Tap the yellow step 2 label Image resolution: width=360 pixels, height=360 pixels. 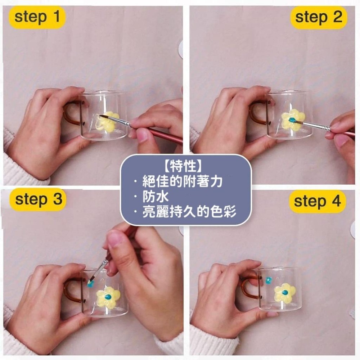319,17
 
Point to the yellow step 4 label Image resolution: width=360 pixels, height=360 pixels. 317,202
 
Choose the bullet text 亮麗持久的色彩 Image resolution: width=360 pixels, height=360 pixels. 189,212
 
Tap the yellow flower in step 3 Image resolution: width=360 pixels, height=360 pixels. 108,298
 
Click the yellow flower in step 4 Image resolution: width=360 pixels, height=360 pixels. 285,293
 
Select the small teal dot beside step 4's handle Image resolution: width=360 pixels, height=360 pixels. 268,280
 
